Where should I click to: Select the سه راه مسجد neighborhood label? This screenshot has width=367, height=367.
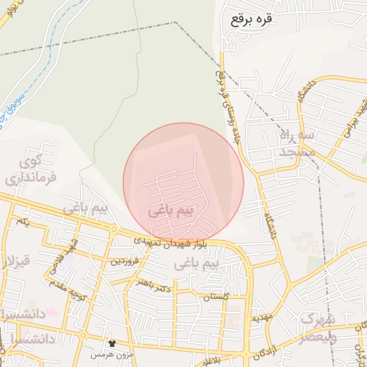(x=297, y=143)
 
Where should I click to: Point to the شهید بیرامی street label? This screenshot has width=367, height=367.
(x=358, y=115)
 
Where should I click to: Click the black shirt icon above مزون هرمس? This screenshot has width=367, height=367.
(x=111, y=344)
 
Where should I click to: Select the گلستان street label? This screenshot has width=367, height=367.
(x=214, y=296)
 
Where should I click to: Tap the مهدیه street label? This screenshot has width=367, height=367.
(x=260, y=316)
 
